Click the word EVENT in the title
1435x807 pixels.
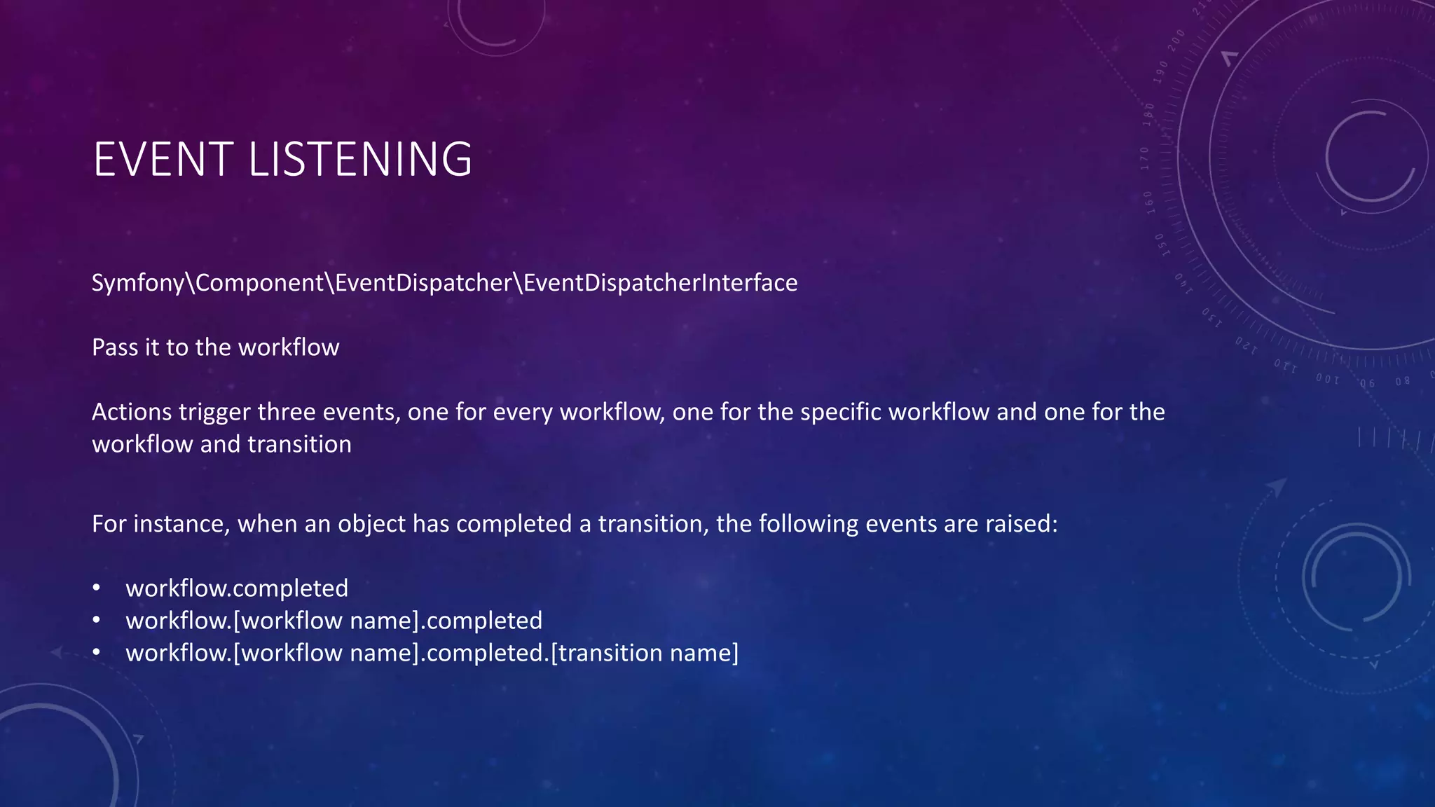point(163,159)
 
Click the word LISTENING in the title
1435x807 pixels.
point(360,159)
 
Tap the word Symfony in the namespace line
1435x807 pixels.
point(137,283)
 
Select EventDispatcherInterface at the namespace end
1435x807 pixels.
point(660,283)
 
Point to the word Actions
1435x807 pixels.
point(132,412)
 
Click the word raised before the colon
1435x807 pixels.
point(1018,524)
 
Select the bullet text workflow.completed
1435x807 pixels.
point(237,588)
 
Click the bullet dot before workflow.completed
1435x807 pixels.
point(97,588)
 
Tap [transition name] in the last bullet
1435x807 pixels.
point(645,653)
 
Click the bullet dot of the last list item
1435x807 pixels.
point(97,652)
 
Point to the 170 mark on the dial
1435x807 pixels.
point(1144,158)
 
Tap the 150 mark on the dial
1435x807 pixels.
point(1161,244)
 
